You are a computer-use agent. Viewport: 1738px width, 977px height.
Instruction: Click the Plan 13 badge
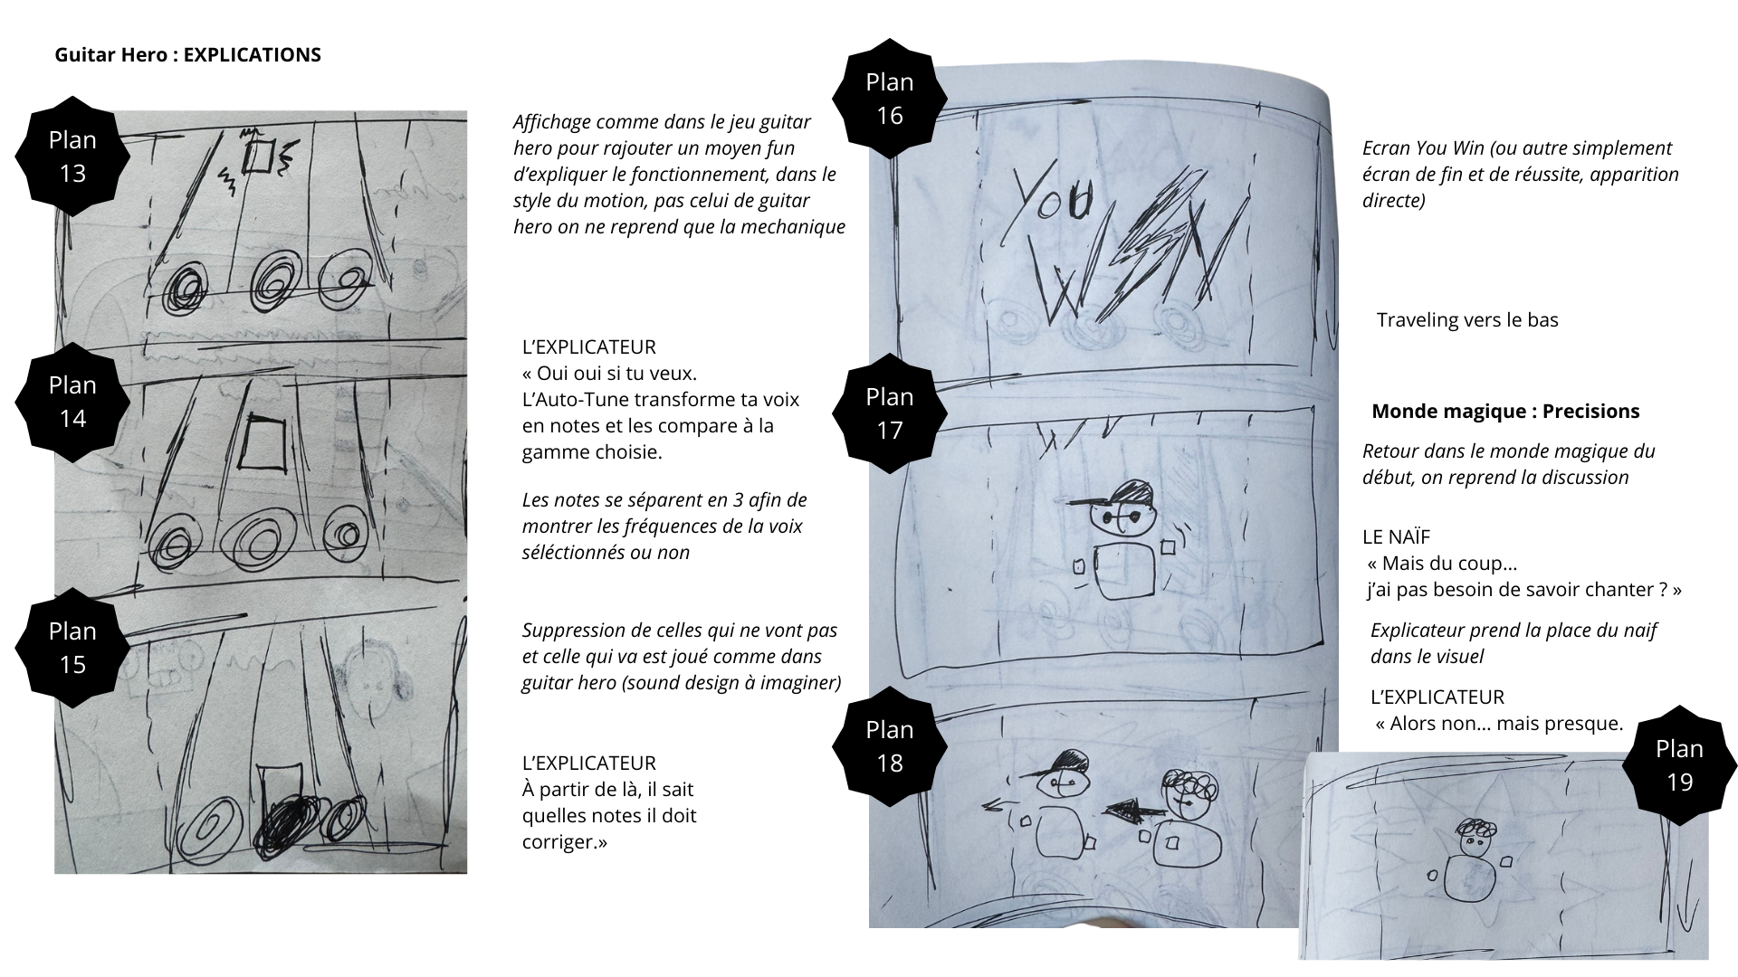click(x=72, y=155)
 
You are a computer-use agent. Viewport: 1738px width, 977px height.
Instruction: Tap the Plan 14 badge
click(x=72, y=401)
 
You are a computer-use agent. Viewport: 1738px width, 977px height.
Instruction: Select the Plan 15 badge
click(x=72, y=648)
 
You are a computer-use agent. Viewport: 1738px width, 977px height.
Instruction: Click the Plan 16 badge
click(x=890, y=98)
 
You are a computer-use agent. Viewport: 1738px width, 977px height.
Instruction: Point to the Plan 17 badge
click(x=890, y=413)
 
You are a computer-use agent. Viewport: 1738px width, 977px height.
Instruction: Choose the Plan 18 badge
click(x=890, y=745)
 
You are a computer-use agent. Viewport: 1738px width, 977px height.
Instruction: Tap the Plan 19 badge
click(x=1679, y=764)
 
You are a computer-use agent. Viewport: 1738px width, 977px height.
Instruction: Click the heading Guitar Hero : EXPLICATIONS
click(x=188, y=54)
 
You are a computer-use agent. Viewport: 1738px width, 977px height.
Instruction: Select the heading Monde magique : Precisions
click(x=1505, y=411)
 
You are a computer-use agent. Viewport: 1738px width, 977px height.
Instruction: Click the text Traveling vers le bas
click(x=1467, y=319)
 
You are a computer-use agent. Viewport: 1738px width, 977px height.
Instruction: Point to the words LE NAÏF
click(x=1396, y=536)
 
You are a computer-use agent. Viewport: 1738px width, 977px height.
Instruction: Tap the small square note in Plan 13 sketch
click(x=259, y=157)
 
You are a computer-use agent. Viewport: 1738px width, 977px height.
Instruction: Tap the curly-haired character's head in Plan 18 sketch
click(x=1186, y=790)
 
